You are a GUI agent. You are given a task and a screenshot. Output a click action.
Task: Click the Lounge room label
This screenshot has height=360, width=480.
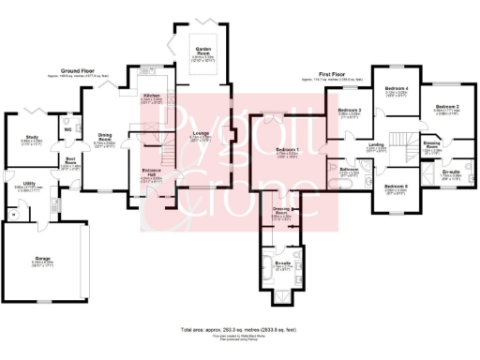pos(202,133)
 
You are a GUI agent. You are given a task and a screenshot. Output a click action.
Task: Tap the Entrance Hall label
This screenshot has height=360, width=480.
pos(153,172)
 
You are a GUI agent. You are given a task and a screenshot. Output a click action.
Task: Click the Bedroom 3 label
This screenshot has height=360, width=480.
pos(350,110)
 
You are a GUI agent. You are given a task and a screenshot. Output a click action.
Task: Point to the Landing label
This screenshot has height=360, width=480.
pos(377,145)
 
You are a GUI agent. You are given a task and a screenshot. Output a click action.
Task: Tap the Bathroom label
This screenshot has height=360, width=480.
pos(350,170)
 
